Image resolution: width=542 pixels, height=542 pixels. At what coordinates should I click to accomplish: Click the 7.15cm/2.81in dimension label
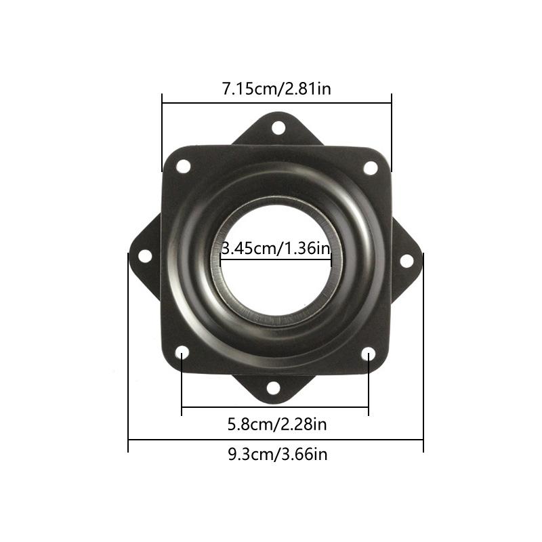276,89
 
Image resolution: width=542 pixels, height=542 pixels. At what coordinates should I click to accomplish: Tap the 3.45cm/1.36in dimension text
276,248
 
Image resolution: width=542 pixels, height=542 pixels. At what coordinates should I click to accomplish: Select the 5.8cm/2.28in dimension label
277,424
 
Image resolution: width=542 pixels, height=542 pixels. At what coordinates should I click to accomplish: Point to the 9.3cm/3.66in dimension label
278,454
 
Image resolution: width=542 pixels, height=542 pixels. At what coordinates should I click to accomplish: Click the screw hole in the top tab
278,127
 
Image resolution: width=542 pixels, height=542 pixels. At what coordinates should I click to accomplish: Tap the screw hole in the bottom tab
274,388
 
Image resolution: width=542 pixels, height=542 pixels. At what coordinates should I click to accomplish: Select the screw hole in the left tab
145,256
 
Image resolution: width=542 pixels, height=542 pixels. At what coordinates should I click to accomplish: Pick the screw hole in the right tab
406,261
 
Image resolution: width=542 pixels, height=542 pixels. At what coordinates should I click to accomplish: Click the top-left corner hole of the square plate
183,166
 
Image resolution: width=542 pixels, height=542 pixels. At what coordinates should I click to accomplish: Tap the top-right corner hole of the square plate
371,168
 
